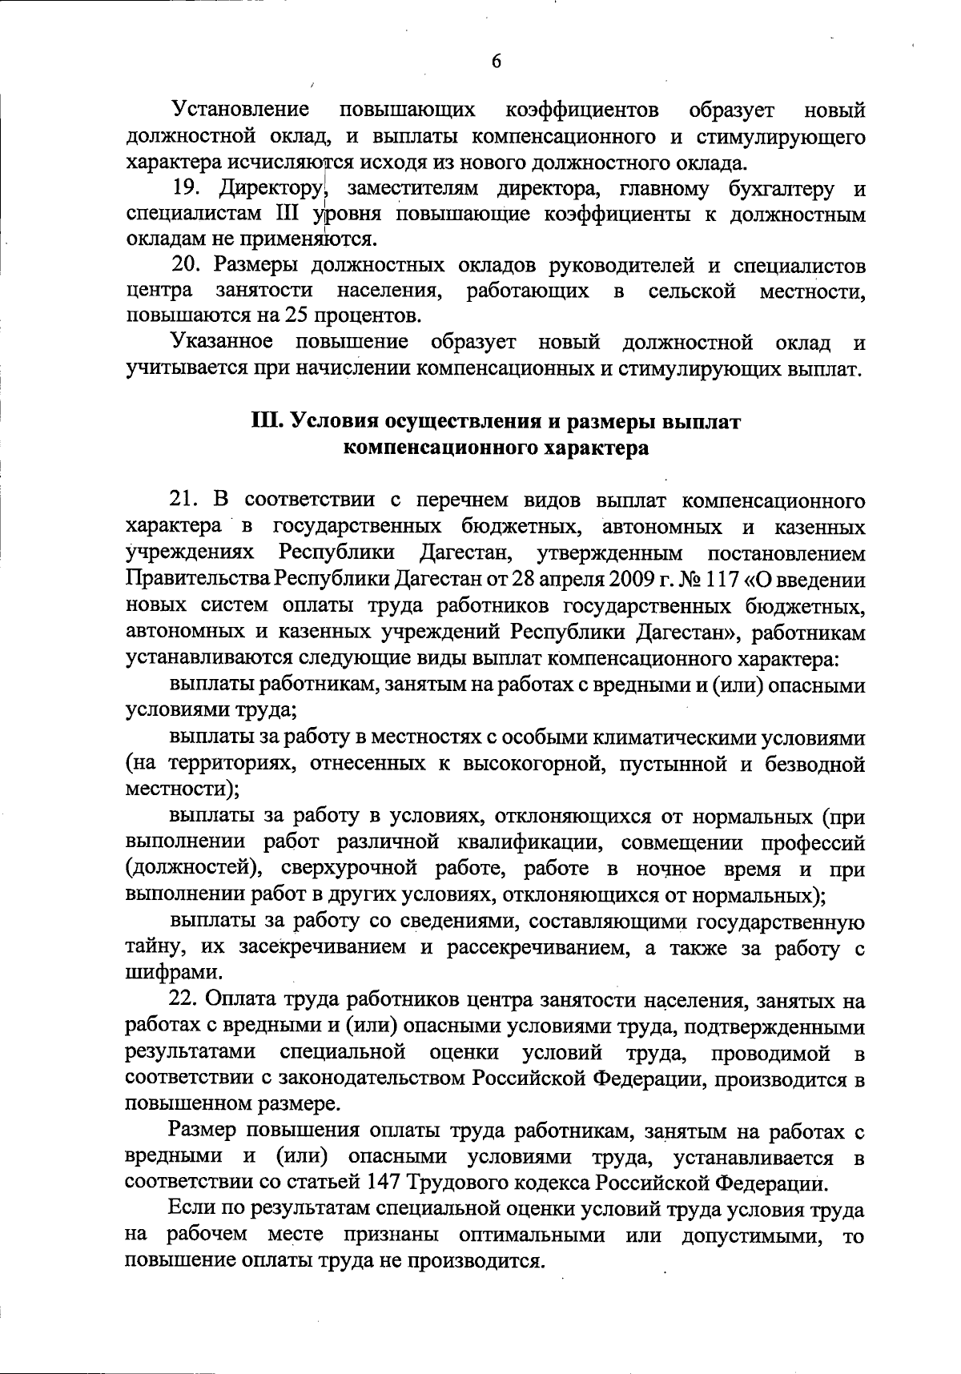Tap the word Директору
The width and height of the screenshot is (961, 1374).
pyautogui.click(x=269, y=190)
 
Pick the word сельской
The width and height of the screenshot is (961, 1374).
pyautogui.click(x=693, y=290)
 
